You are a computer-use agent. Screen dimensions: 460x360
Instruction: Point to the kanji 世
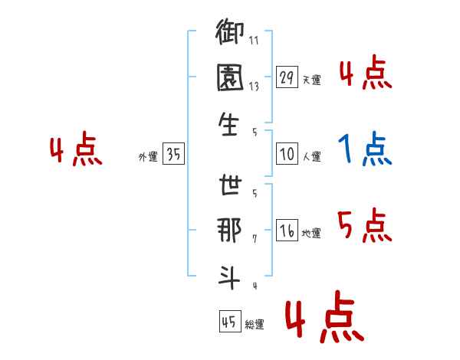pyautogui.click(x=230, y=185)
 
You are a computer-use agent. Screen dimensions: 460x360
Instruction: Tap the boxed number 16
pyautogui.click(x=287, y=231)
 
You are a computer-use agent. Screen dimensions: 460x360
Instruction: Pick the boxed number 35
pyautogui.click(x=173, y=155)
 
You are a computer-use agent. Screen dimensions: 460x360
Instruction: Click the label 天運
pyautogui.click(x=311, y=80)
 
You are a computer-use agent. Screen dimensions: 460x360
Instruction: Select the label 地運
pyautogui.click(x=311, y=234)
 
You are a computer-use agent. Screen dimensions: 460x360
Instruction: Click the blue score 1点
pyautogui.click(x=365, y=149)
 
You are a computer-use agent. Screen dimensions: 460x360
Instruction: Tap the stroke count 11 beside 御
pyautogui.click(x=254, y=41)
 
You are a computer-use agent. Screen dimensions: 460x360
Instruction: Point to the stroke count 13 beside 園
pyautogui.click(x=254, y=86)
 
